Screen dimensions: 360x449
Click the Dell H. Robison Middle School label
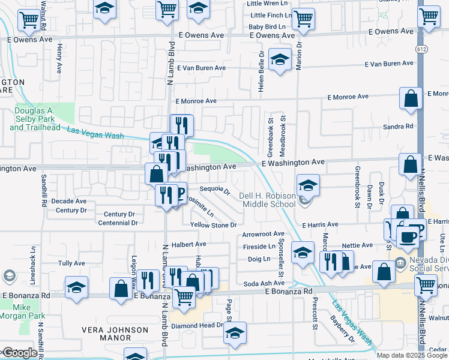click(x=268, y=200)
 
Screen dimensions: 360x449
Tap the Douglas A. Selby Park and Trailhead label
click(x=35, y=119)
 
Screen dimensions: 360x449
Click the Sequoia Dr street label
click(x=215, y=190)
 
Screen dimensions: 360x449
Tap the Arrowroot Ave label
click(x=263, y=234)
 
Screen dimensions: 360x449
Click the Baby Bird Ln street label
click(x=267, y=27)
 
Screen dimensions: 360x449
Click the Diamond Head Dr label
click(x=197, y=326)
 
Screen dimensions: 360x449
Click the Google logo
click(x=19, y=353)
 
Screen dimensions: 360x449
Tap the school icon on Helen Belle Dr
click(x=279, y=60)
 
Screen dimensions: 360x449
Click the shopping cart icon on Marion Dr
click(x=303, y=19)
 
